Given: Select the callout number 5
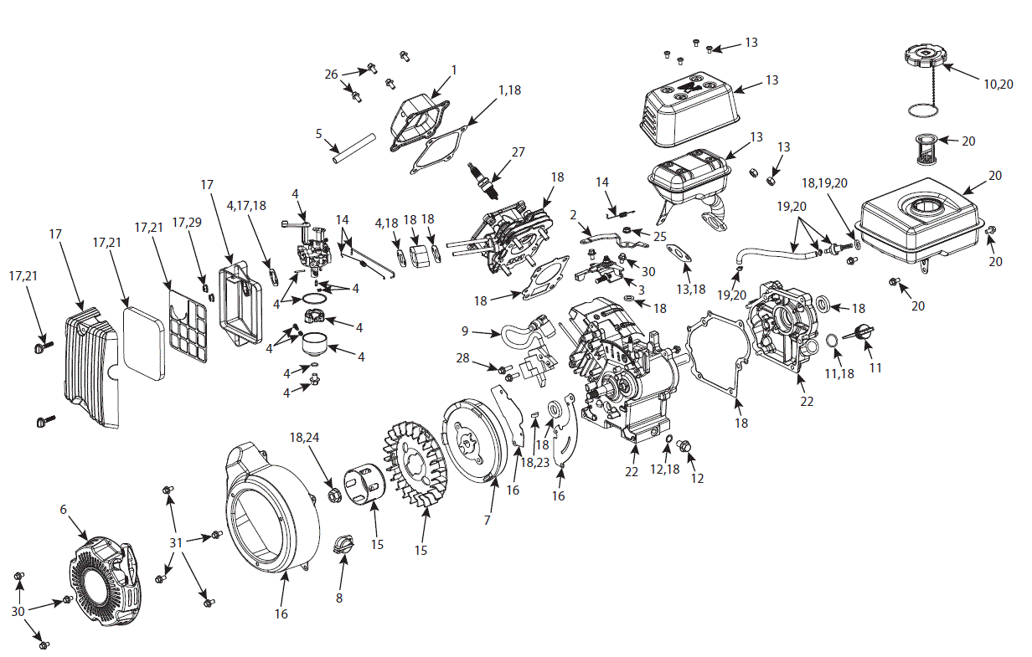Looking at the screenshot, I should pos(318,133).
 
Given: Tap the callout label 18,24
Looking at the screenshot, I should pos(306,437).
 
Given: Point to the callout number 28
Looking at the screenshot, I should pos(463,359).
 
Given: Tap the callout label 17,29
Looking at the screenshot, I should pos(186,222).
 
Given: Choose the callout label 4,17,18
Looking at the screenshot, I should pos(246,204).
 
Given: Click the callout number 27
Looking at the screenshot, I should pos(519,152).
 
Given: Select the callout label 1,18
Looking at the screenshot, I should pos(510,90).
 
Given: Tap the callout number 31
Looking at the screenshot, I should pos(176,542).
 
